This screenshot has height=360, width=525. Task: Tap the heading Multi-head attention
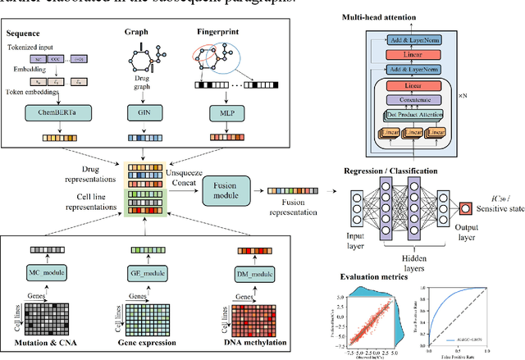point(400,16)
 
